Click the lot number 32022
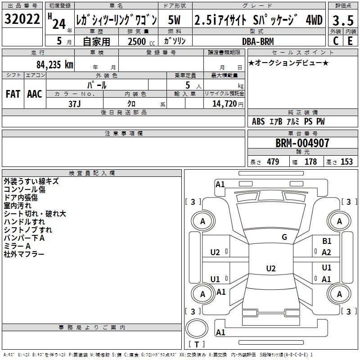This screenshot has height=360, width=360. (22, 19)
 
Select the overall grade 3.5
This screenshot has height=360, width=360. (343, 20)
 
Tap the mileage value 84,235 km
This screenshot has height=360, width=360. (54, 65)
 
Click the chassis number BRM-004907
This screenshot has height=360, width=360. (302, 143)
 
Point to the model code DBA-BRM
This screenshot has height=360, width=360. (258, 41)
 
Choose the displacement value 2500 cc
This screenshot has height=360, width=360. (141, 41)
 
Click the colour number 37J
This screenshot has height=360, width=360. (75, 104)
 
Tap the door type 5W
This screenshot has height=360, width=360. (174, 20)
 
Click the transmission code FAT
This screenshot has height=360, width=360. (13, 94)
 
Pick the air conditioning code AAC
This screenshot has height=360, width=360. (35, 94)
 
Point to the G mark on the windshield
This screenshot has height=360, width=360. (284, 237)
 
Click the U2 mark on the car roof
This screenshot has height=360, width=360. (271, 268)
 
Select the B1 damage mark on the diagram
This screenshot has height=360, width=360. (327, 241)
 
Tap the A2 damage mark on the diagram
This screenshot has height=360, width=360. (326, 252)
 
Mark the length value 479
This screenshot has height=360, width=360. (273, 162)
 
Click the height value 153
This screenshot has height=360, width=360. (346, 162)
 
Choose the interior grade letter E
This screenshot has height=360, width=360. (350, 41)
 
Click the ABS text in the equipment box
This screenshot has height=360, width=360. (258, 121)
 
